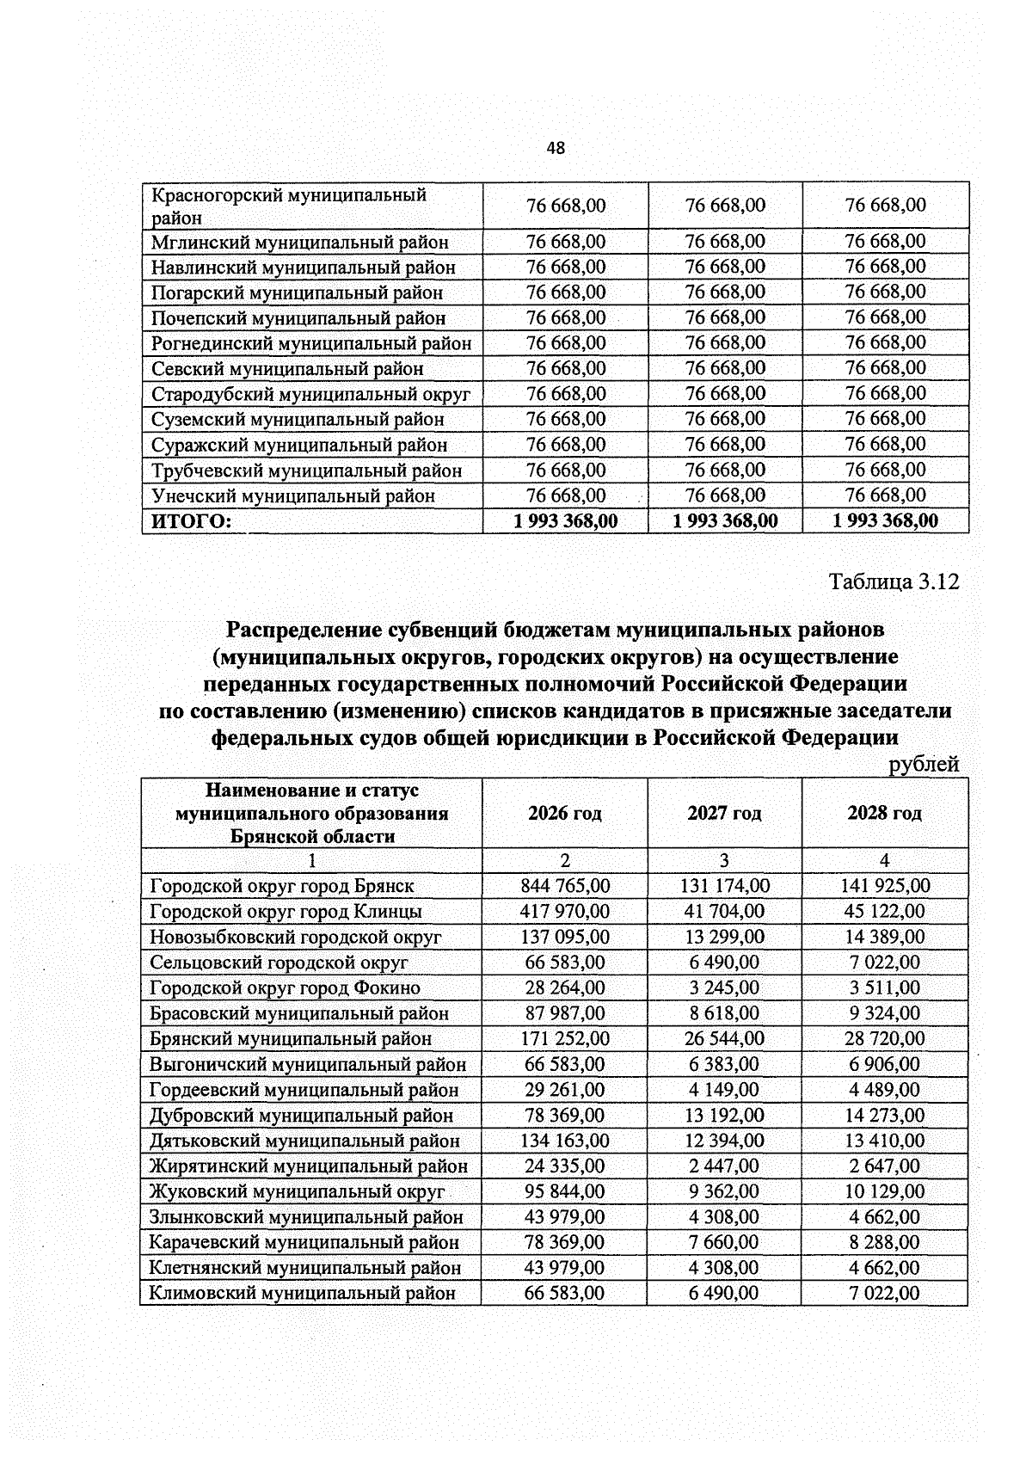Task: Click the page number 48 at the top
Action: [x=556, y=148]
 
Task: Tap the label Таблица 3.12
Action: [x=894, y=581]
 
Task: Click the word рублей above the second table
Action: [x=924, y=764]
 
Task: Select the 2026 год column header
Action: [x=564, y=813]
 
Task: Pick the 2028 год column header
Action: [x=884, y=813]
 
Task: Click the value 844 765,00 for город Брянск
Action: [x=565, y=885]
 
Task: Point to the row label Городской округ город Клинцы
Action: [x=286, y=911]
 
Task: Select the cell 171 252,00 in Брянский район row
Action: [x=565, y=1038]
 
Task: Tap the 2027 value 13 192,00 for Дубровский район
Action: [x=724, y=1115]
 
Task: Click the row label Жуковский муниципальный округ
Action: [x=297, y=1191]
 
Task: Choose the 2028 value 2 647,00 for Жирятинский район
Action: [x=884, y=1166]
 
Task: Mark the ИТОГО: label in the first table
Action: [x=192, y=521]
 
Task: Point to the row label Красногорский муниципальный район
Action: [x=288, y=206]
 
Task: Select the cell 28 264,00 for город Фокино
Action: [x=565, y=987]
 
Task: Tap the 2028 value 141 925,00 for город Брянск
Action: [x=884, y=885]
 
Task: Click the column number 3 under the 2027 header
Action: [x=724, y=860]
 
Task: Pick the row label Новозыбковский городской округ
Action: [x=295, y=937]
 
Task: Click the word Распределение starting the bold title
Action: [x=304, y=630]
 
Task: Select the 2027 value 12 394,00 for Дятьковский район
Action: [x=724, y=1141]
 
